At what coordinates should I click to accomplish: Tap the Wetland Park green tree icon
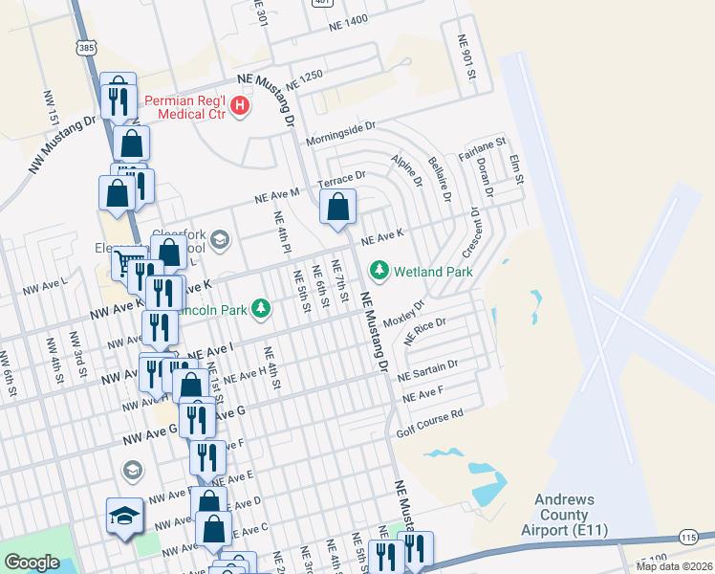[380, 271]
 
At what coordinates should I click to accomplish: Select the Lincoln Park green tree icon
[260, 308]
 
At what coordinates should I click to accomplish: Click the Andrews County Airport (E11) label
[564, 515]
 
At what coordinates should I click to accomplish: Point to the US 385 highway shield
[87, 46]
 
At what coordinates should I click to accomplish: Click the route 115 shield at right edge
[689, 539]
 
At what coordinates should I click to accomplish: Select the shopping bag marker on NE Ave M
[337, 207]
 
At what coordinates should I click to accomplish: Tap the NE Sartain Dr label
[428, 370]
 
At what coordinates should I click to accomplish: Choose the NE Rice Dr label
[425, 332]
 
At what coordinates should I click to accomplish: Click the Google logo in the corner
[32, 563]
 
